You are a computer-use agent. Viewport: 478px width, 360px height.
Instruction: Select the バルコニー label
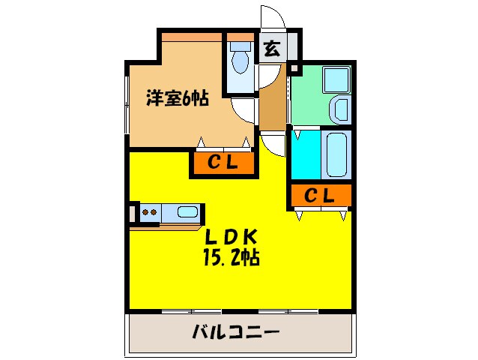point(235,331)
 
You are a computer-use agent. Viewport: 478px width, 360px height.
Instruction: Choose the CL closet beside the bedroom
point(223,162)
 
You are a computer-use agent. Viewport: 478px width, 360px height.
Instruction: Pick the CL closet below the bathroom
point(319,196)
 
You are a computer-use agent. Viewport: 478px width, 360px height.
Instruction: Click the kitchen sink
point(187,211)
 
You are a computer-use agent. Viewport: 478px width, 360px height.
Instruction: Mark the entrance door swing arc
point(270,19)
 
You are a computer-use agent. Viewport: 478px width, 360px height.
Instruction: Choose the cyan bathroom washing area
point(305,154)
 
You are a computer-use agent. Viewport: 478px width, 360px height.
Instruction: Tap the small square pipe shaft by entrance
point(294,70)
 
